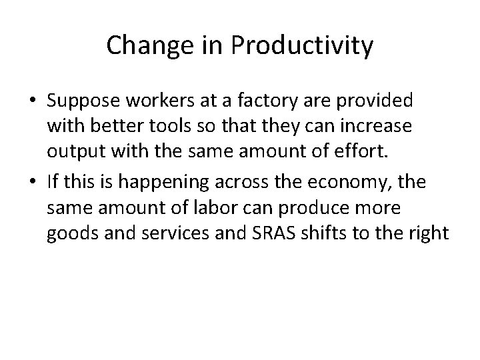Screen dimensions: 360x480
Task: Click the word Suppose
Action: pos(80,101)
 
